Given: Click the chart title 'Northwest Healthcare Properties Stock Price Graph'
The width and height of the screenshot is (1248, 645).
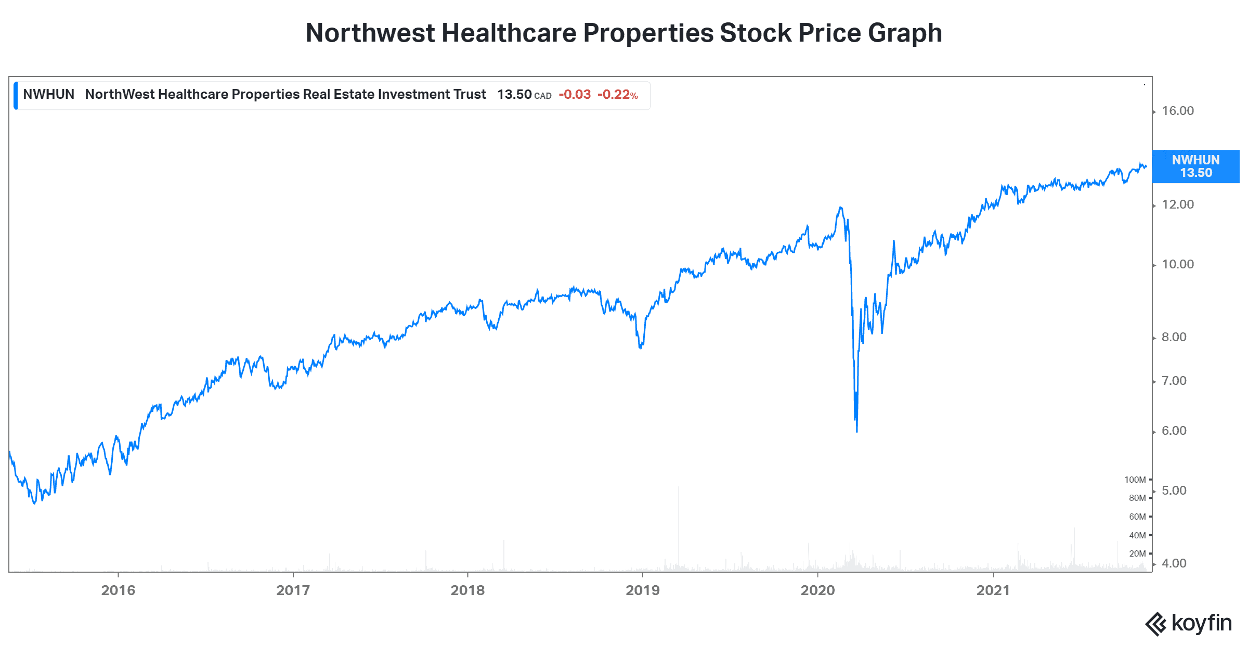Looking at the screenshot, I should [623, 33].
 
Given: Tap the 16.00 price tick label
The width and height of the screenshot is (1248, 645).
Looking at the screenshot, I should [1178, 111].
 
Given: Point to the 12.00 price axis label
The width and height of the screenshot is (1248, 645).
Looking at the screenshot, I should [1178, 204].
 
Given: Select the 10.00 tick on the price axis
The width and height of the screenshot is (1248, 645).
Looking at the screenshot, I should [1178, 264].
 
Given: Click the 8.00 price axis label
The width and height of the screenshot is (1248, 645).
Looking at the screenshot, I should [1174, 337].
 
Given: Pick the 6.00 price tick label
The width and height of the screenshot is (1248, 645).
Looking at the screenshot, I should [1174, 431].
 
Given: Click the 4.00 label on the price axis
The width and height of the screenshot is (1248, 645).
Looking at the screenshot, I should [1174, 563].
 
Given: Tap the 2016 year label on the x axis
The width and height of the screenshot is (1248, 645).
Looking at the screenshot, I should [118, 590].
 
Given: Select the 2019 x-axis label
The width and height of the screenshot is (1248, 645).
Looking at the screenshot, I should [643, 590].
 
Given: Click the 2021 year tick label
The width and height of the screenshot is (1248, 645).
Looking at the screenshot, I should [993, 590].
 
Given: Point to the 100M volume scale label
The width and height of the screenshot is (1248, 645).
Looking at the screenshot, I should [1135, 480].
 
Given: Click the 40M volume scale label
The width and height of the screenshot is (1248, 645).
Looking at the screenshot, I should [1137, 535].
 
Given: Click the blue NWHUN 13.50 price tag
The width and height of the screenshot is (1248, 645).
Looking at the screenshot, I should [1195, 166].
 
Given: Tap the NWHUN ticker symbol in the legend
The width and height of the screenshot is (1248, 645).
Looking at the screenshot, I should [48, 94].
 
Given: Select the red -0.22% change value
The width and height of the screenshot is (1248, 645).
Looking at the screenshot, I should [617, 95].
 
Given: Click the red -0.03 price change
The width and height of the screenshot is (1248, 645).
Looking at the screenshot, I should [575, 95].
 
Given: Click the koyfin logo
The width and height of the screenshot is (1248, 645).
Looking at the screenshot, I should [1189, 623].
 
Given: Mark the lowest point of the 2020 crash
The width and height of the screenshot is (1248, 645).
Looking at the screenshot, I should [857, 431].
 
